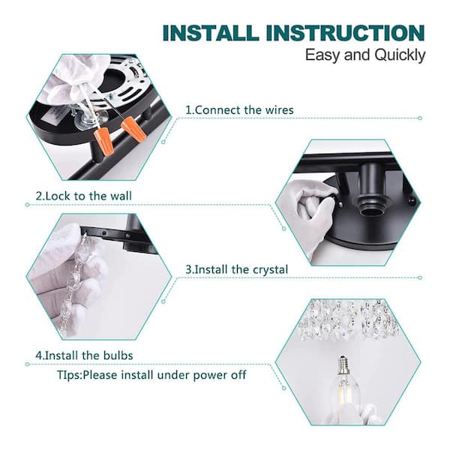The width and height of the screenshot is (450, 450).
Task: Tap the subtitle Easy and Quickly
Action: [365, 55]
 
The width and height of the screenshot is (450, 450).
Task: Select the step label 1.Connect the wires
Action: [239, 109]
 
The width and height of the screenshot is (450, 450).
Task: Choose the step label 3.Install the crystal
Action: [236, 268]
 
